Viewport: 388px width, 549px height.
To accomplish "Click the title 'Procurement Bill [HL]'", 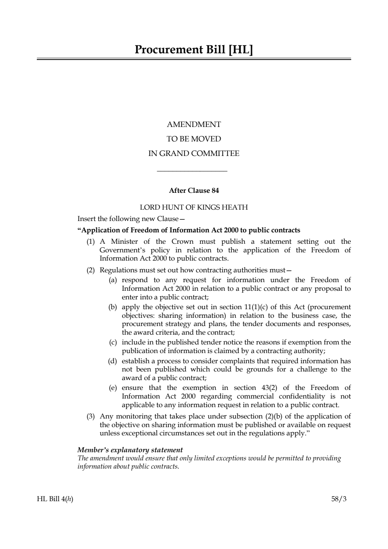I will (194, 50).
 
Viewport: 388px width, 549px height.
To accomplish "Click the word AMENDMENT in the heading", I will (194, 125).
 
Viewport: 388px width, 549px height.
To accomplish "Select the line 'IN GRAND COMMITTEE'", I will (194, 154).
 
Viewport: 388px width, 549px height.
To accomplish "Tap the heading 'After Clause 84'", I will (194, 191).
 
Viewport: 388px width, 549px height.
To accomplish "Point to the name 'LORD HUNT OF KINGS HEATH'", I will (194, 207).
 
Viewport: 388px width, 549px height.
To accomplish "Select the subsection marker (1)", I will (91, 241).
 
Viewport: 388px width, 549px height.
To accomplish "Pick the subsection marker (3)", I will (91, 416).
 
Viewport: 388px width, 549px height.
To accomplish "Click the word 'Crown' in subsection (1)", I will (182, 241).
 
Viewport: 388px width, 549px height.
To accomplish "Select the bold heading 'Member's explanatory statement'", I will (130, 450).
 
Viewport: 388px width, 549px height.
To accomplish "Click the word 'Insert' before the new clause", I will (87, 219).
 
